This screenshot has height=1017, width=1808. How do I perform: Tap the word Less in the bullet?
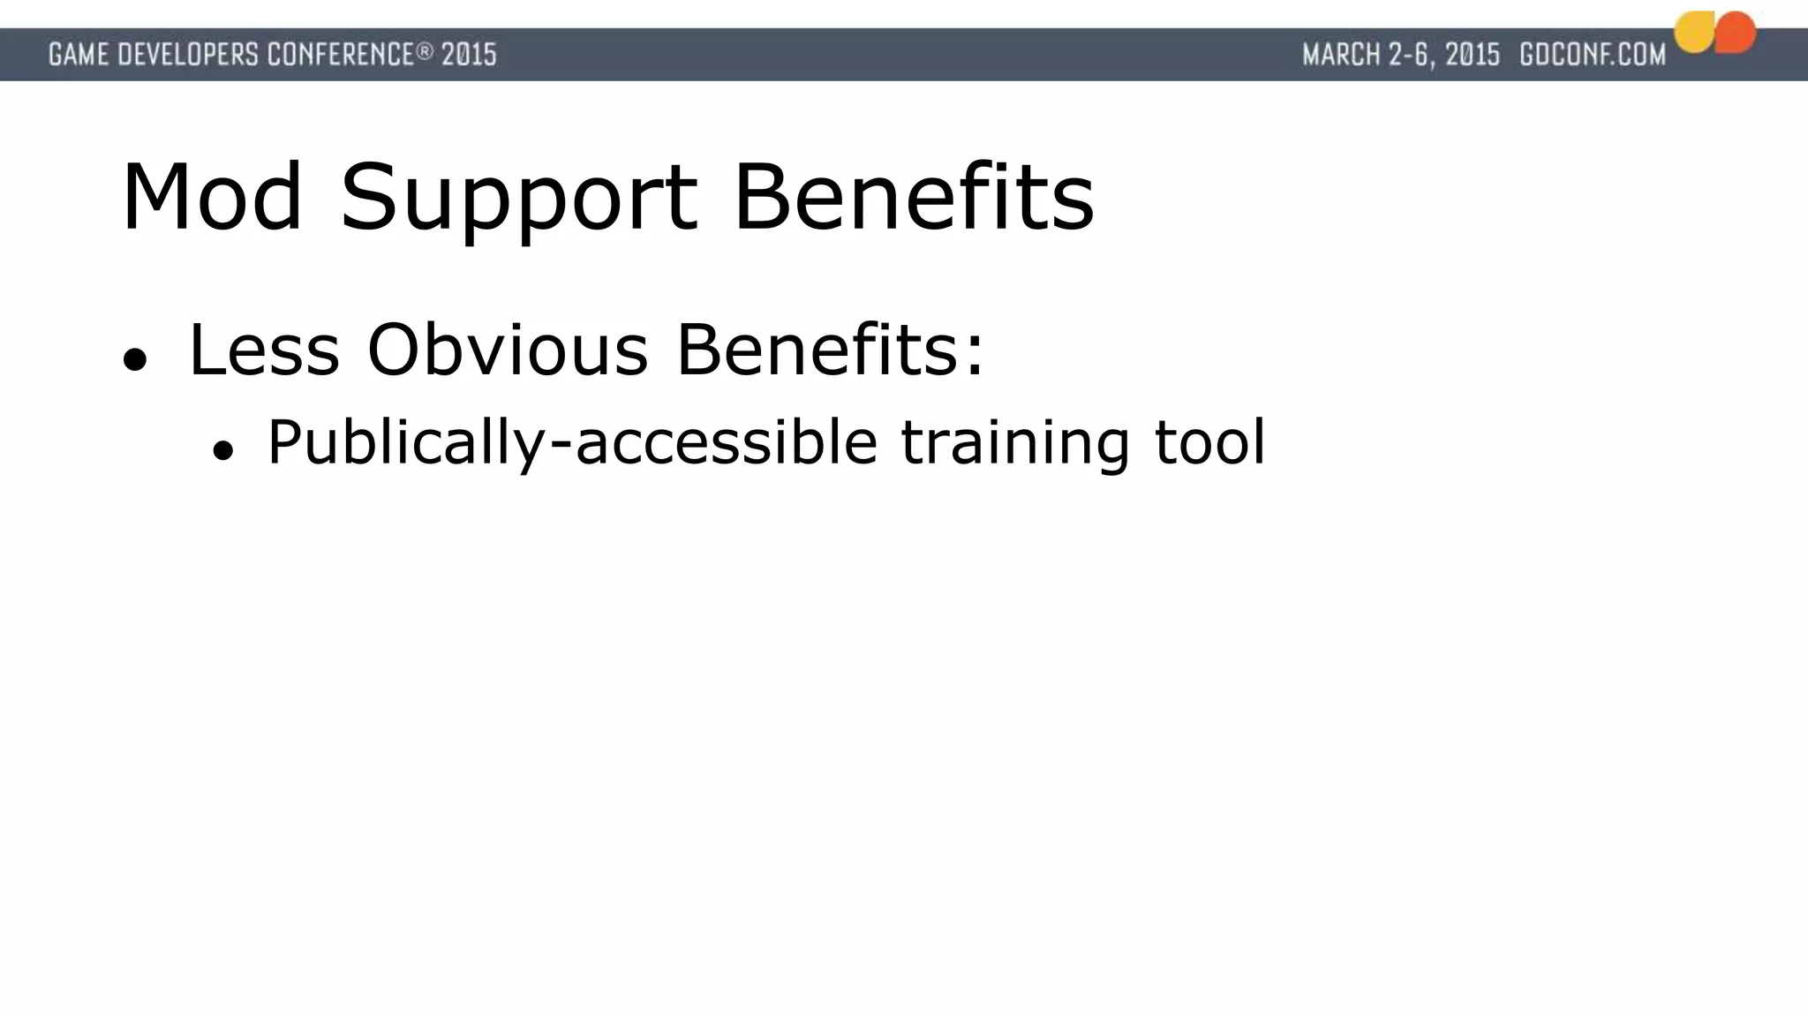[264, 350]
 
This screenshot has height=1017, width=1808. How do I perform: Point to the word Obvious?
[508, 350]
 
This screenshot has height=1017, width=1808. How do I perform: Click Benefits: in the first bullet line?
[829, 350]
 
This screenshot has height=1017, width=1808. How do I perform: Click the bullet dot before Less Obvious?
[134, 359]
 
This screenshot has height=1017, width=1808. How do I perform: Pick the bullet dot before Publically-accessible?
[222, 450]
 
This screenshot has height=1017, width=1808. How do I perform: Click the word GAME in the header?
[79, 55]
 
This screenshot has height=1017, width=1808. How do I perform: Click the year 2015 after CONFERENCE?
[469, 55]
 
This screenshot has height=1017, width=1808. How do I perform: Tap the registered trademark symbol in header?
[425, 51]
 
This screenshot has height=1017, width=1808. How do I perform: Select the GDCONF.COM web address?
[1593, 55]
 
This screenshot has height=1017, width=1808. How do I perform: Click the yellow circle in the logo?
[1694, 33]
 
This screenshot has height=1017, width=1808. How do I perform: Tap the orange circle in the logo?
[1736, 33]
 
